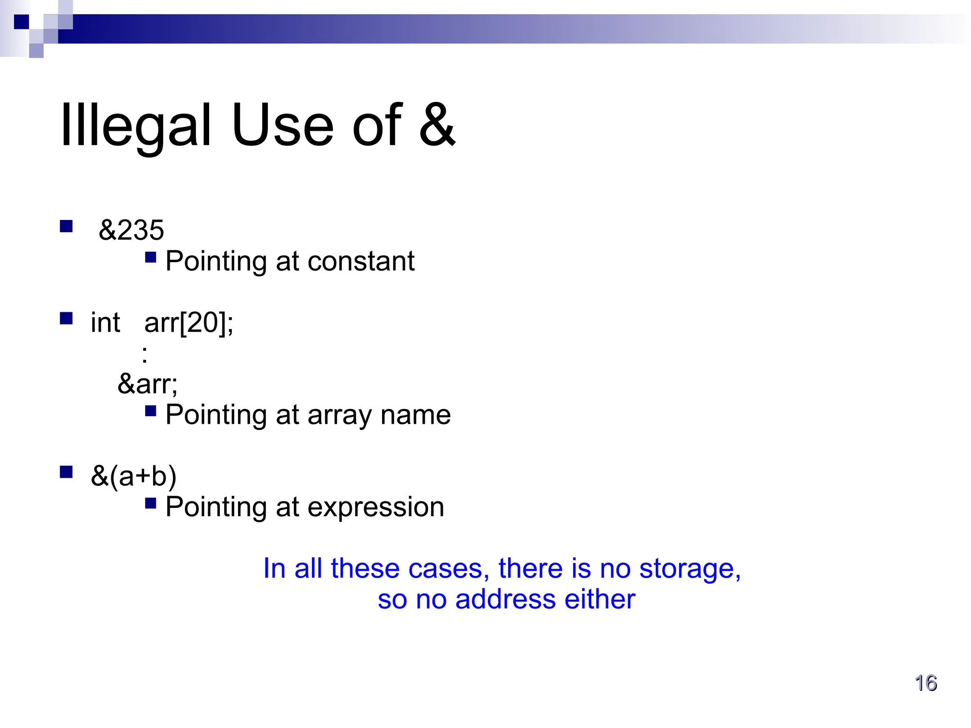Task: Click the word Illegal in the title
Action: [136, 126]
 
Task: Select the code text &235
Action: [131, 230]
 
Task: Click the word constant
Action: [361, 261]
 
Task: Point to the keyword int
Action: [105, 323]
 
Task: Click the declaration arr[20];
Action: [189, 323]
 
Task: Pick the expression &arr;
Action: [147, 384]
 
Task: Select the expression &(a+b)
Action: [134, 476]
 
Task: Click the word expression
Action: [376, 507]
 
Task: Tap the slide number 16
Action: [925, 683]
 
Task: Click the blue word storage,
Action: [690, 568]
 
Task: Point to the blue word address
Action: [504, 599]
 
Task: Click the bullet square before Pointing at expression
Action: [151, 503]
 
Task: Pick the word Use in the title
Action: [283, 126]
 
